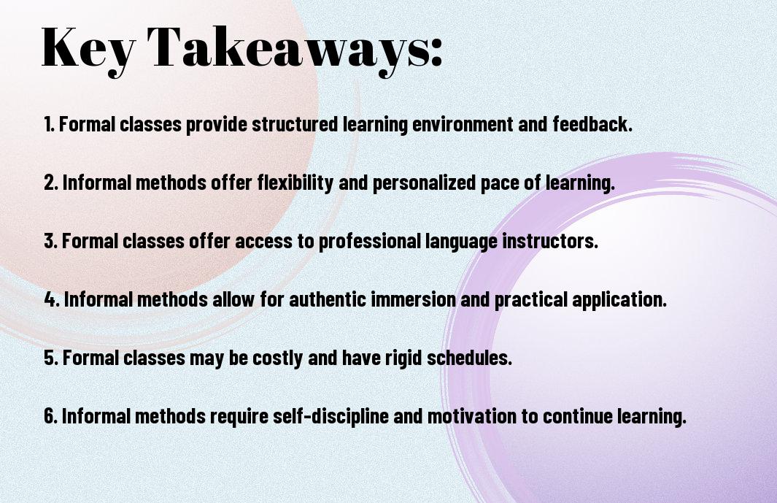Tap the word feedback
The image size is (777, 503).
592,124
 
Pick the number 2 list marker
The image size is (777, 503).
51,183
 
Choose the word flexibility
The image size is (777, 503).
295,183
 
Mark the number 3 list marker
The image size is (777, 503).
51,241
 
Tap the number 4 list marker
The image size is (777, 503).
52,299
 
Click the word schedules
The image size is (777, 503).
469,358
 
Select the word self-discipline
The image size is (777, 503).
330,415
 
